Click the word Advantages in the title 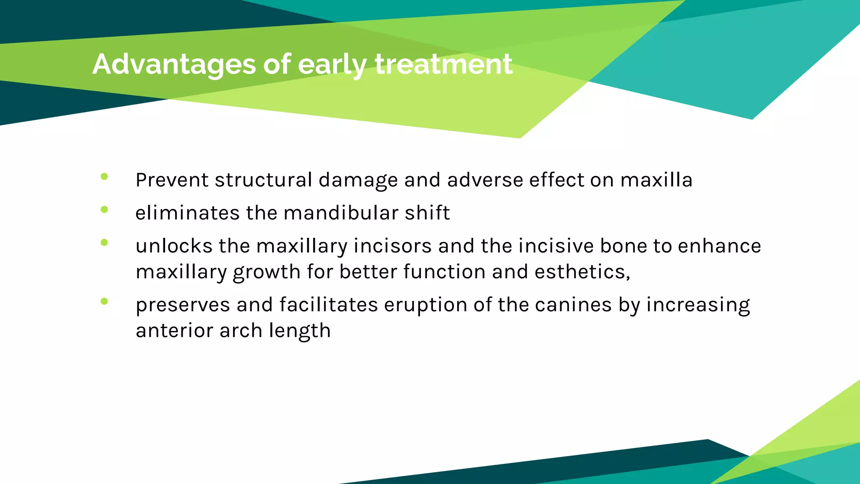[x=174, y=64]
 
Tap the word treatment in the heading [x=443, y=64]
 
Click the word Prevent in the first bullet [x=172, y=180]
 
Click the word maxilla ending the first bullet [x=656, y=180]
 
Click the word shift [x=427, y=213]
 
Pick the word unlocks [x=174, y=246]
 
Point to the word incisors [x=393, y=246]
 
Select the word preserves [x=183, y=305]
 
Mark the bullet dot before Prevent [x=105, y=177]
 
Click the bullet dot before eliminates [x=105, y=210]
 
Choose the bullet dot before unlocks [x=105, y=242]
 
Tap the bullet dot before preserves [x=105, y=301]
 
